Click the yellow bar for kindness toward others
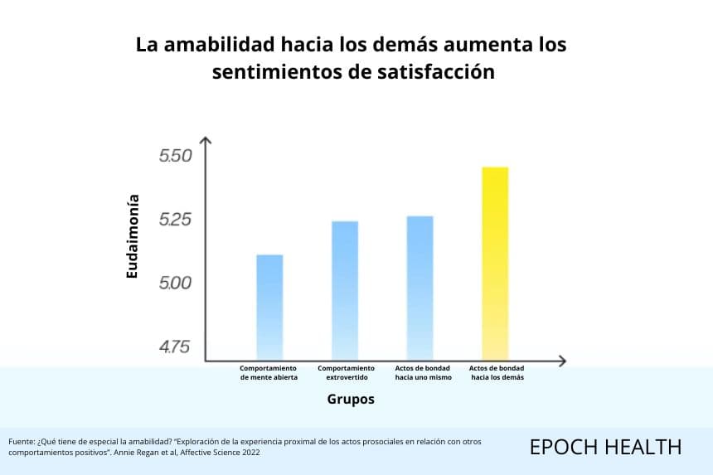[495, 264]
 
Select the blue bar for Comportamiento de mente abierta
[269, 308]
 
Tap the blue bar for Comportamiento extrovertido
[345, 291]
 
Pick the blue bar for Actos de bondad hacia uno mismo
[420, 288]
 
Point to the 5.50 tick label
[175, 156]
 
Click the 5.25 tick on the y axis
[175, 220]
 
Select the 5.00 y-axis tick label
[175, 284]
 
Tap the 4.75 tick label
[174, 347]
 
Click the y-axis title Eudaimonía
[132, 236]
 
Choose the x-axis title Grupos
[351, 399]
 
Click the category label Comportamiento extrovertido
[346, 373]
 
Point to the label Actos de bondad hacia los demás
[497, 373]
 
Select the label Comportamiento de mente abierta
[269, 373]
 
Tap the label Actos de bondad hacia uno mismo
[423, 373]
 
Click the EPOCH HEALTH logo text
[606, 448]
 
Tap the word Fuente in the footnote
[21, 441]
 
